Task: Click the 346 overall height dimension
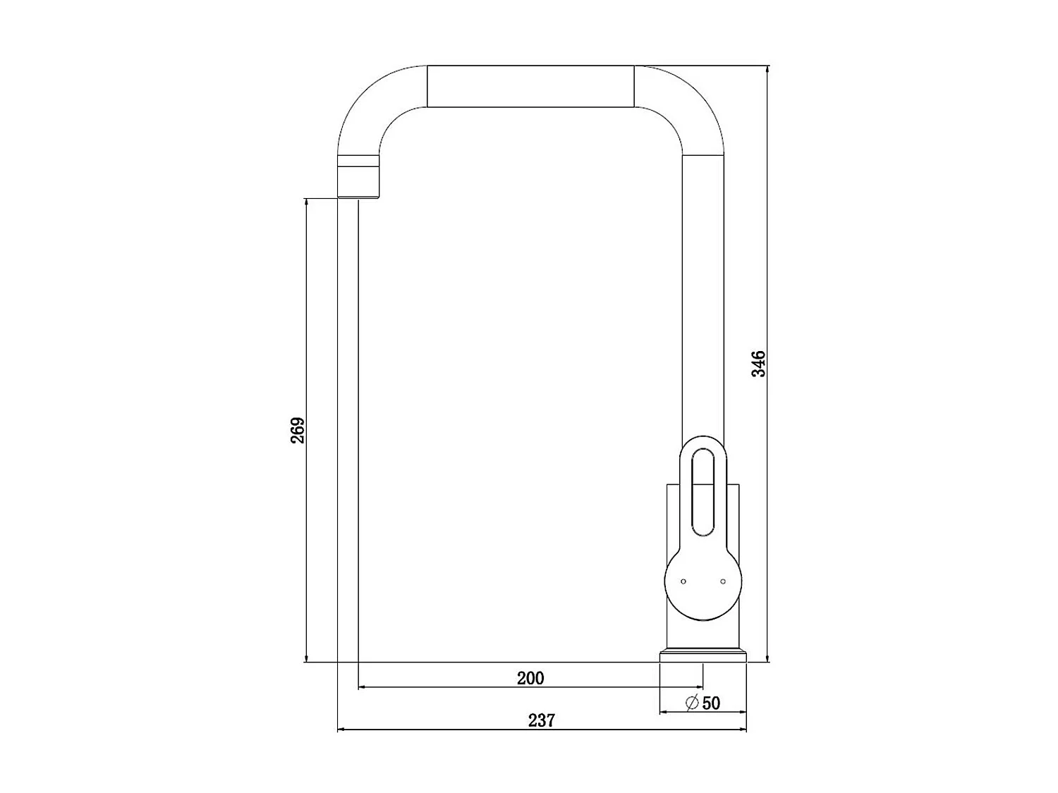click(758, 364)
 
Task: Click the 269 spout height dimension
click(298, 430)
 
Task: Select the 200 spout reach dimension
click(530, 678)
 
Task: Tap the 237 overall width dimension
click(541, 720)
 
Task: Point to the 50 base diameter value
click(712, 703)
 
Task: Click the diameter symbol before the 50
click(692, 703)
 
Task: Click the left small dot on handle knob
click(683, 581)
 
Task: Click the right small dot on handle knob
click(723, 581)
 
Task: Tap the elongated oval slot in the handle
click(703, 493)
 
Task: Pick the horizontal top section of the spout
click(530, 87)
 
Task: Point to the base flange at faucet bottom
click(703, 656)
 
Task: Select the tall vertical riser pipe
click(703, 296)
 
